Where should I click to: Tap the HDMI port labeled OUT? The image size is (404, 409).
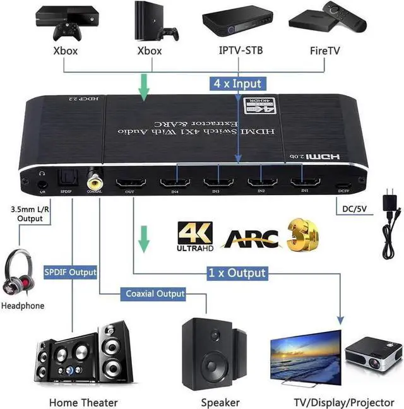click(131, 184)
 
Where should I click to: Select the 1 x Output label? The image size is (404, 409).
click(237, 273)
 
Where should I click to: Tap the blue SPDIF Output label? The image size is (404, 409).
click(70, 273)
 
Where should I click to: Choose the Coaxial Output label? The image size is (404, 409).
click(155, 293)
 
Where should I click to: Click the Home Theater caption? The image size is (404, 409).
click(83, 402)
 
